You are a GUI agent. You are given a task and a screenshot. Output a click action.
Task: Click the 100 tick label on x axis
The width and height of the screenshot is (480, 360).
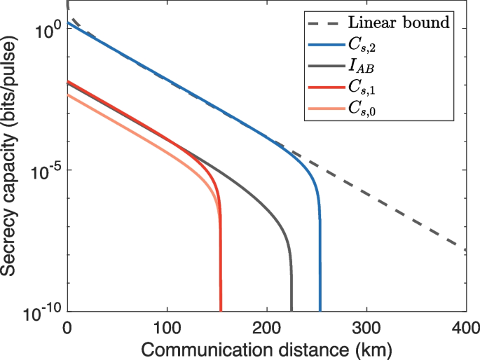pos(166,327)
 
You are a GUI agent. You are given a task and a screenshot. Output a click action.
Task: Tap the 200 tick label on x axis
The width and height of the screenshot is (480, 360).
pos(266,327)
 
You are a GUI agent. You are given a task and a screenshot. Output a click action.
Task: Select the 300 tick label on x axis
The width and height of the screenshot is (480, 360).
pos(366,327)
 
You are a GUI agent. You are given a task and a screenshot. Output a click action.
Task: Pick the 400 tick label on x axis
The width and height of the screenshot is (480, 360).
pos(465,327)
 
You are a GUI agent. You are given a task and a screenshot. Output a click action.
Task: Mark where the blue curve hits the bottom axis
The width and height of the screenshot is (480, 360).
pos(320,310)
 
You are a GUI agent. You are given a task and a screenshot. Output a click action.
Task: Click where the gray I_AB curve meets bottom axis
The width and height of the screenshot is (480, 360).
pos(292,310)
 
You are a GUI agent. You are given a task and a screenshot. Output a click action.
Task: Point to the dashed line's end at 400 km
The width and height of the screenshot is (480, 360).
pos(465,249)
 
